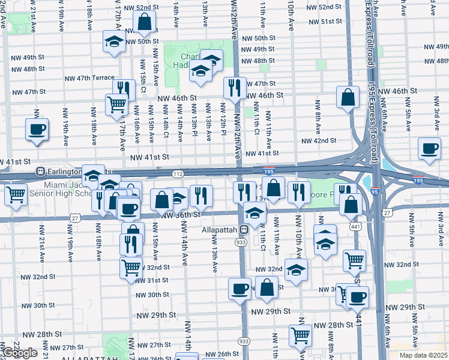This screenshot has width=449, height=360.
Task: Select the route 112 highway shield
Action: point(178,173)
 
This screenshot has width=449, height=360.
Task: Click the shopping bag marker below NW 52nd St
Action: point(145,23)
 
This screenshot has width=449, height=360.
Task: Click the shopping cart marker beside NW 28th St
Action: point(300,335)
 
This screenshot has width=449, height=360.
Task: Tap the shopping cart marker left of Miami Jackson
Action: point(16,194)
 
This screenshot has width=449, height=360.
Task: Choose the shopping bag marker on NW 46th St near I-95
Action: point(348,97)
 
